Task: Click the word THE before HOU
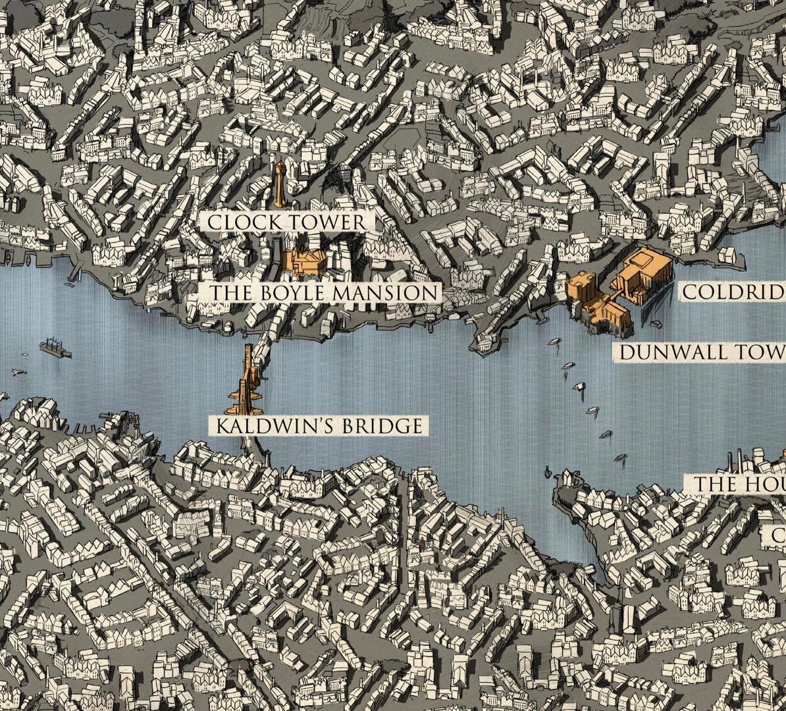tap(716, 485)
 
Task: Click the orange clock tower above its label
tap(281, 181)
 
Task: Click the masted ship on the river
tap(55, 348)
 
